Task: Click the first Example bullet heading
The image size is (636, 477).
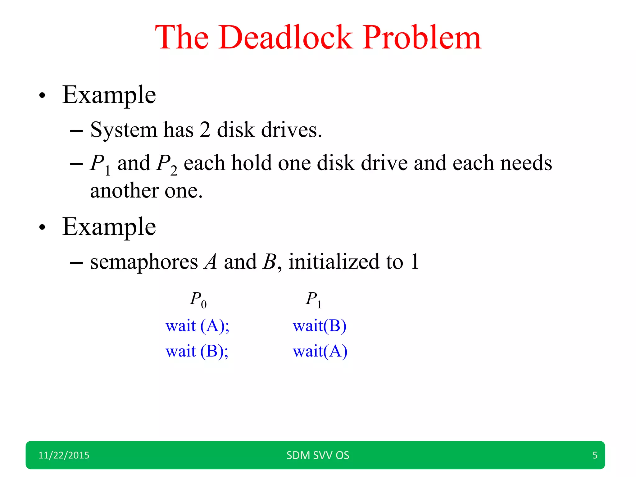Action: pyautogui.click(x=109, y=95)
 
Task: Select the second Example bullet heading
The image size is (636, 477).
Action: pyautogui.click(x=109, y=227)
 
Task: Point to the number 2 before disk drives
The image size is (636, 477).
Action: pyautogui.click(x=205, y=130)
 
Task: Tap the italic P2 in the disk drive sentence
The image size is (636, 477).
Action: pyautogui.click(x=167, y=164)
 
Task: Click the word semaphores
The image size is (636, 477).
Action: pyautogui.click(x=144, y=262)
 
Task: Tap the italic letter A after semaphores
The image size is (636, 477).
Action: pyautogui.click(x=211, y=262)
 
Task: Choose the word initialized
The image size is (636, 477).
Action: pyautogui.click(x=334, y=262)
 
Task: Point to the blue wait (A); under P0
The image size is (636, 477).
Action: pyautogui.click(x=198, y=326)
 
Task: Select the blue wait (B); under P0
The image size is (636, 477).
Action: pyautogui.click(x=197, y=352)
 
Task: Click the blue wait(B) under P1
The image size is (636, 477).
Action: pyautogui.click(x=320, y=326)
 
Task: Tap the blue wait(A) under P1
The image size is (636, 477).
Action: pyautogui.click(x=320, y=352)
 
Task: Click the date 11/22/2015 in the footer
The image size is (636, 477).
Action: pyautogui.click(x=64, y=455)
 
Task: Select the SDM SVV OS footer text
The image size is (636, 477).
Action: pyautogui.click(x=318, y=455)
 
